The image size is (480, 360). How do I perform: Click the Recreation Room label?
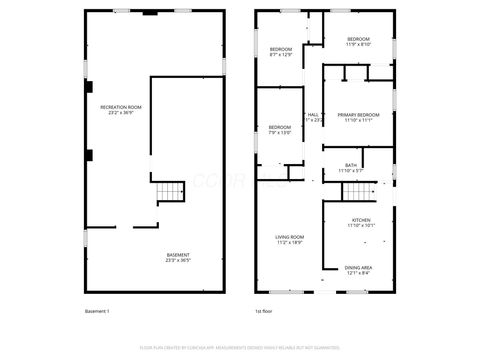120,106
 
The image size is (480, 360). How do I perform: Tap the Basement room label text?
178,255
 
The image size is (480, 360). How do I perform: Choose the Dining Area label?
359,267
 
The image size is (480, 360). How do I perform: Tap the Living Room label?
290,237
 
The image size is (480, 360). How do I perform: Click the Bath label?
351,165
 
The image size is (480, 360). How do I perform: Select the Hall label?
313,115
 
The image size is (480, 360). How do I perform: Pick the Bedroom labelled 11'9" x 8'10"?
358,39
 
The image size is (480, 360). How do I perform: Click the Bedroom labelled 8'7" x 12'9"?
281,49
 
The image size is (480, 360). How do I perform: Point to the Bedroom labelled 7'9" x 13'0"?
279,127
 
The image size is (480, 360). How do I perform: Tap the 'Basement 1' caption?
97,312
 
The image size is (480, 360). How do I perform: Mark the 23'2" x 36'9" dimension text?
120,112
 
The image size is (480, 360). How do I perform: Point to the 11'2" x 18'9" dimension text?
290,243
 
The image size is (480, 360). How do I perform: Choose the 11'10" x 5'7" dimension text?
351,171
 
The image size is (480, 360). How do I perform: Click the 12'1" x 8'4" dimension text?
359,273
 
